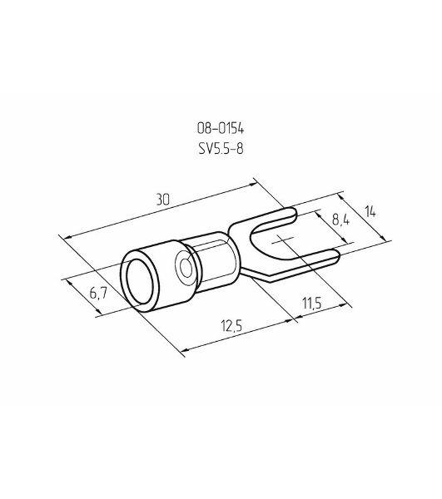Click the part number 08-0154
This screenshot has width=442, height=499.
click(221, 128)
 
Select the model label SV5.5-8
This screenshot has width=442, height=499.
click(221, 148)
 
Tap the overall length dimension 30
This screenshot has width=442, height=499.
click(163, 200)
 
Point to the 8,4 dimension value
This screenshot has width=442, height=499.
click(340, 220)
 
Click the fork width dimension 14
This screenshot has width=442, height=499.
click(370, 211)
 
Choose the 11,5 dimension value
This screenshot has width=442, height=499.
click(312, 304)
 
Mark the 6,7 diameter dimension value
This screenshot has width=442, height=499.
click(98, 293)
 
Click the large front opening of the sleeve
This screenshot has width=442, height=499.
click(139, 282)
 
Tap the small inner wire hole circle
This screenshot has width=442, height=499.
click(186, 267)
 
